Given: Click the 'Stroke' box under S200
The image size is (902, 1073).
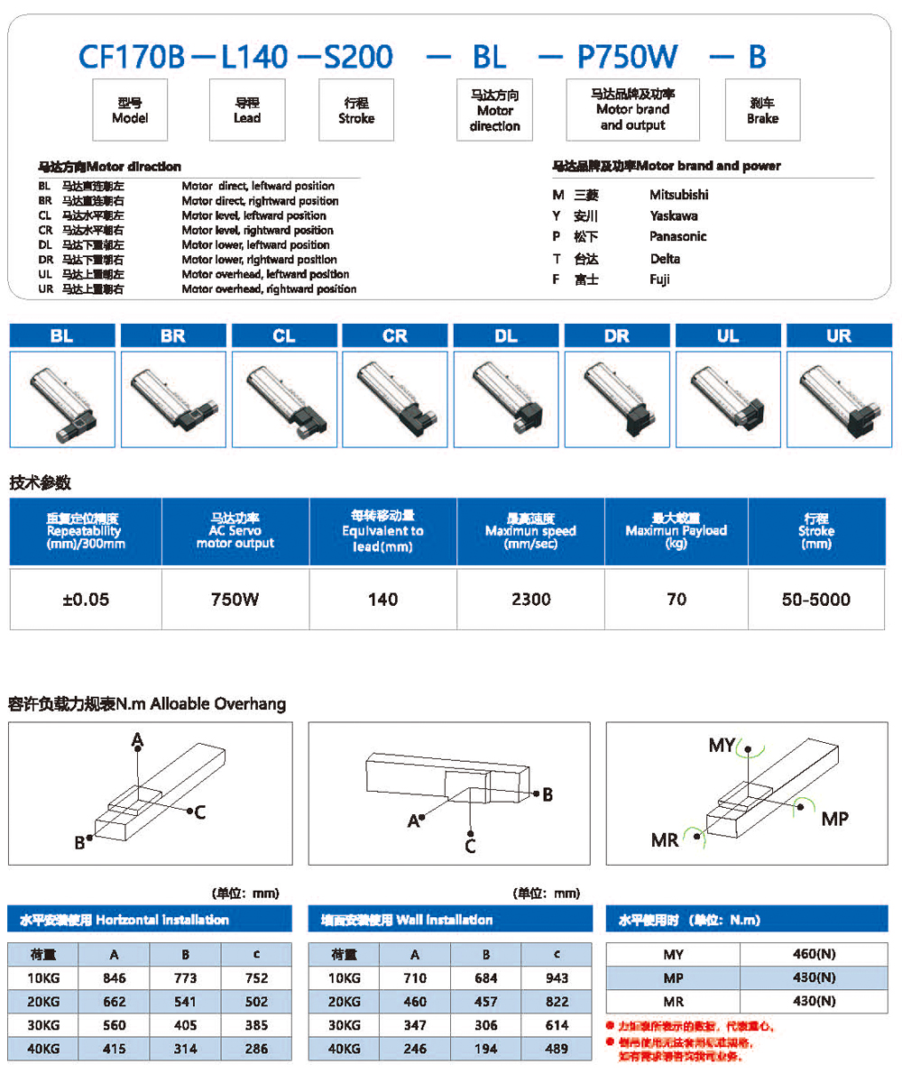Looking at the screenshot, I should click(356, 110).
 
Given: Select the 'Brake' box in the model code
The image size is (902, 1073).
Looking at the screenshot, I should click(762, 110).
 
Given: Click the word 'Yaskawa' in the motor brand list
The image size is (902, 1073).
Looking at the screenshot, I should click(673, 216).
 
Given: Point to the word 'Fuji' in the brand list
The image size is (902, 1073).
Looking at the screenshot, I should click(660, 280).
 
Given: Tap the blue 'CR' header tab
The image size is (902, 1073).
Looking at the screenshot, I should click(395, 335).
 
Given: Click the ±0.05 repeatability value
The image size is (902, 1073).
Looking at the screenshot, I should click(86, 600).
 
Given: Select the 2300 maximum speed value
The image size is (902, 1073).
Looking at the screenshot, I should click(530, 600).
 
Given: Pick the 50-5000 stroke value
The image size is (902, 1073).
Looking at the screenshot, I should click(817, 600).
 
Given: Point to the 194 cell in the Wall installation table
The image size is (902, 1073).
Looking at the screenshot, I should click(486, 1048).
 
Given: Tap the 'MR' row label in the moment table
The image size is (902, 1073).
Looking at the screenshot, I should click(673, 1001).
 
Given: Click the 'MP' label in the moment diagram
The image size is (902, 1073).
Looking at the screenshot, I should click(834, 819).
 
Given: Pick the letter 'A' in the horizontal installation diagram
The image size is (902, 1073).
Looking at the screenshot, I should click(137, 740).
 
